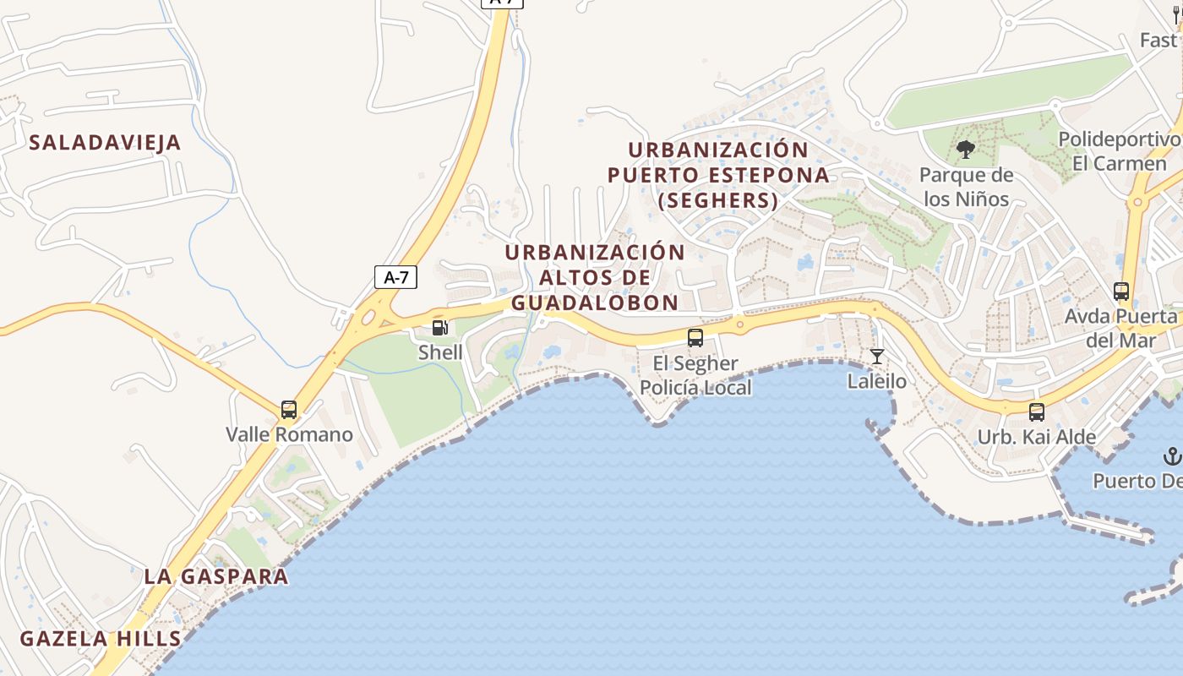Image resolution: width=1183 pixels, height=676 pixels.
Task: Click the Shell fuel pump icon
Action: [x=439, y=328]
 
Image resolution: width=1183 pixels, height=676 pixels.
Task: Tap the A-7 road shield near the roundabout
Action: [x=395, y=276]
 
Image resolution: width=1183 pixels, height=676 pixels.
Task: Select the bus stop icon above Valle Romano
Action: [x=289, y=410]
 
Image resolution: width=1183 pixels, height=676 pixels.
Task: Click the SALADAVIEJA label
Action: [x=106, y=143]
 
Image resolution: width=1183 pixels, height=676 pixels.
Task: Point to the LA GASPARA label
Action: [x=216, y=577]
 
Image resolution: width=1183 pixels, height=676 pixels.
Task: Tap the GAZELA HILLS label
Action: [x=101, y=639]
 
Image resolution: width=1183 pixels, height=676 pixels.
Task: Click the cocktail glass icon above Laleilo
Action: [x=877, y=357]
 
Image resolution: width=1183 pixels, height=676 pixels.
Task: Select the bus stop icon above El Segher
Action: [x=695, y=338]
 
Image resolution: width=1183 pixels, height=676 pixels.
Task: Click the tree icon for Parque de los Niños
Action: [x=966, y=150]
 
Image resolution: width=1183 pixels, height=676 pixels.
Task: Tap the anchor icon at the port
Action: [x=1172, y=457]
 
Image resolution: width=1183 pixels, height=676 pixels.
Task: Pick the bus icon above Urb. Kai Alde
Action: [x=1037, y=412]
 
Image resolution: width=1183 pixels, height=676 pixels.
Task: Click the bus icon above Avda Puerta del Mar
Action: [x=1121, y=292]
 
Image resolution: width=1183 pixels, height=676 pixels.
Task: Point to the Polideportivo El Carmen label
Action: [x=1120, y=151]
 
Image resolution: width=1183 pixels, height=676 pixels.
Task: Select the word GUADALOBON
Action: [x=595, y=303]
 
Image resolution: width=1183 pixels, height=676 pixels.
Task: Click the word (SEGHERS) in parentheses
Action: [x=718, y=200]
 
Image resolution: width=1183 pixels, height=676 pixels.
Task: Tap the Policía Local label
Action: [x=695, y=388]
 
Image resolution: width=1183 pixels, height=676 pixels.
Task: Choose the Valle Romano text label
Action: [x=289, y=435]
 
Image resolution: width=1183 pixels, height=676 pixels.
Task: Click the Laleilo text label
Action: [x=877, y=382]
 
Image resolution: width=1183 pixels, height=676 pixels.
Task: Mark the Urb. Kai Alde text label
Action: [x=1037, y=438]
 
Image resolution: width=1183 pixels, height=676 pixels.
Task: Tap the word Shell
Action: [x=440, y=352]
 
